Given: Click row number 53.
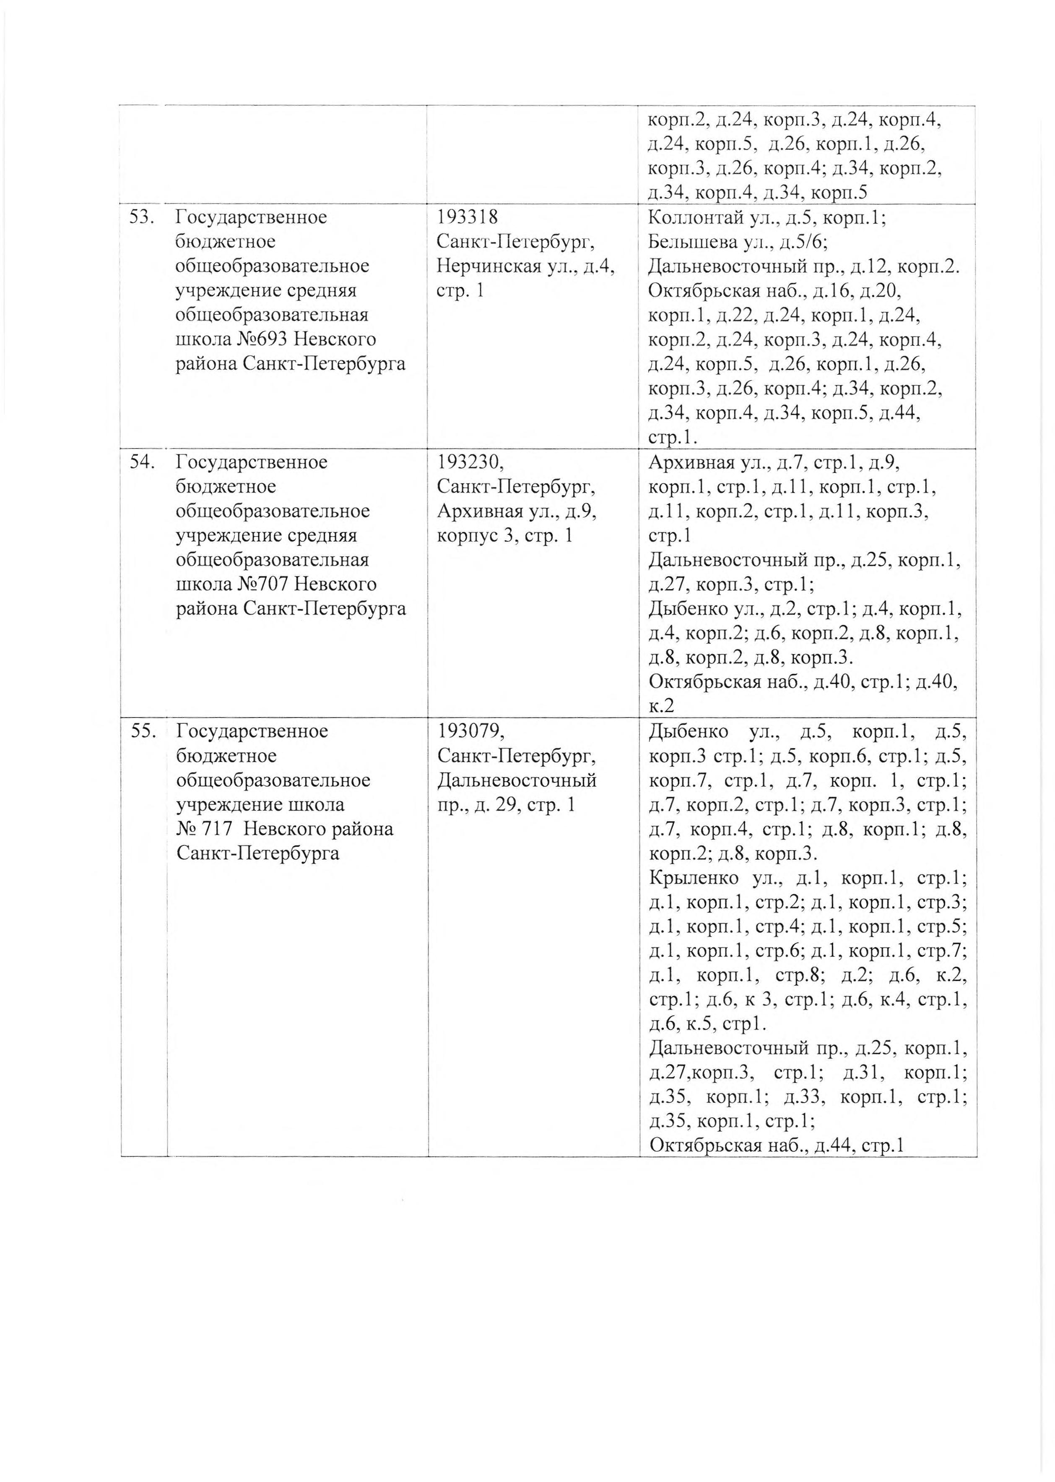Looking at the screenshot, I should [x=142, y=217].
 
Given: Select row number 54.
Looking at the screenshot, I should [x=142, y=462].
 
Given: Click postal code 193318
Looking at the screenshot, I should [x=468, y=217].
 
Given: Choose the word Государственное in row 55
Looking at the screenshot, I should [x=252, y=731].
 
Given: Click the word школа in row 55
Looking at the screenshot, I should [x=318, y=805].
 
